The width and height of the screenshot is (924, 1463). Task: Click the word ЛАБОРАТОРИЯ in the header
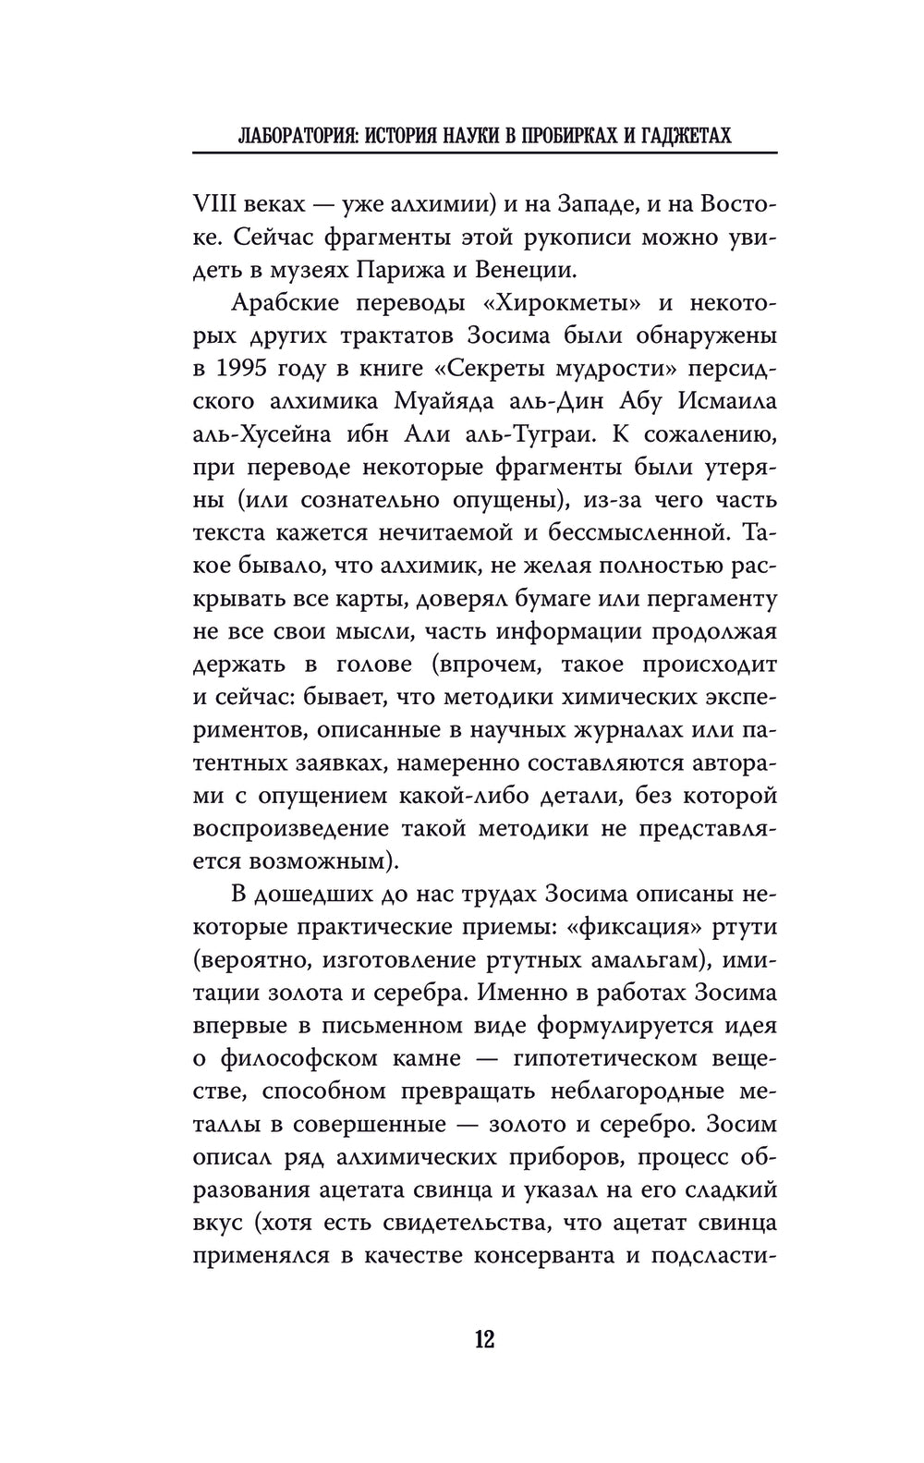[x=293, y=136]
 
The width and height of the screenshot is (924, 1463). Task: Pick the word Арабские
[x=286, y=303]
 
